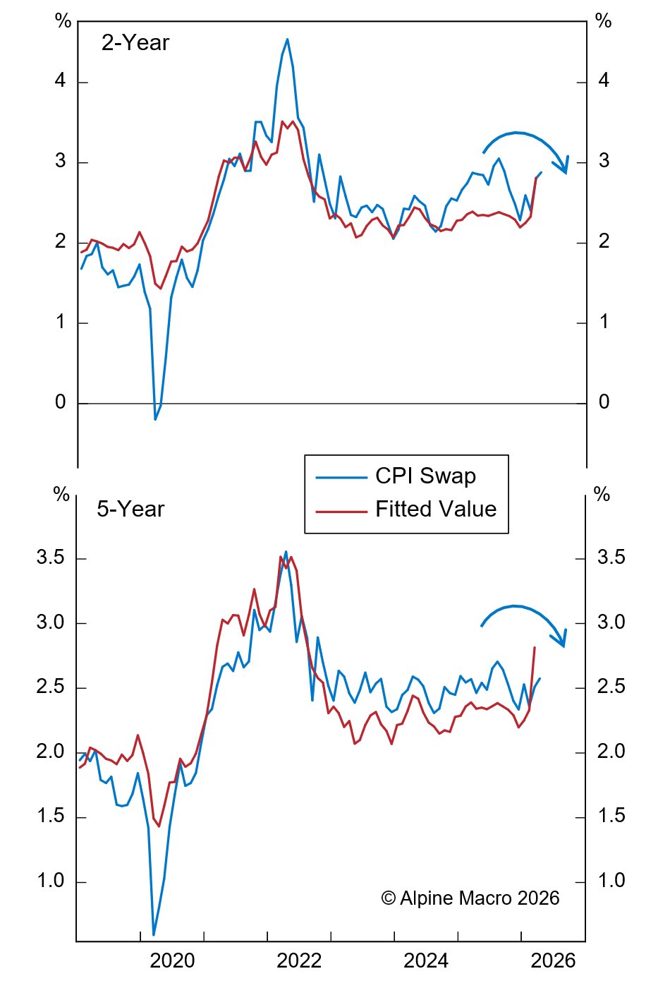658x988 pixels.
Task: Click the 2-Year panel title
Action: (x=135, y=43)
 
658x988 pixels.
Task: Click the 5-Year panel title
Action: (x=130, y=510)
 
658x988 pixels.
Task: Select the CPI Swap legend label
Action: (x=425, y=476)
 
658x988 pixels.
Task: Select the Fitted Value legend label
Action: (x=435, y=510)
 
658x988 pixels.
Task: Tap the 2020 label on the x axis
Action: (x=172, y=960)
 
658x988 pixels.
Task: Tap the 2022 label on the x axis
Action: (x=299, y=960)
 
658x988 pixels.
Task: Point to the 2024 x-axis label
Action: (x=426, y=960)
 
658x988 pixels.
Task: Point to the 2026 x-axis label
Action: (x=553, y=960)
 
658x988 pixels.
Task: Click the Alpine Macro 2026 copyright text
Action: (x=470, y=898)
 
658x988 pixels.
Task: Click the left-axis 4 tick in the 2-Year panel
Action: (x=61, y=81)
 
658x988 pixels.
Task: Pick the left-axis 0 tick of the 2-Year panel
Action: (x=61, y=402)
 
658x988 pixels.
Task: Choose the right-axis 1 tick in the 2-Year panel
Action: (x=604, y=323)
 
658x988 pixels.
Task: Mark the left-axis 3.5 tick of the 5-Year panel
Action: (x=51, y=558)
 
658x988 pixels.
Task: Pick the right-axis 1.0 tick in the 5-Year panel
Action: (x=611, y=881)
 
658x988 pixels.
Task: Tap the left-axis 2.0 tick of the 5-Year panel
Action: (x=51, y=752)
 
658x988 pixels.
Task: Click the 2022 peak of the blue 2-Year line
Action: (x=287, y=40)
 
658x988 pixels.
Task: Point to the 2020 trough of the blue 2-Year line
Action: (x=155, y=419)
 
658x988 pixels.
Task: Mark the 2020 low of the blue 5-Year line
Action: (x=154, y=934)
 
